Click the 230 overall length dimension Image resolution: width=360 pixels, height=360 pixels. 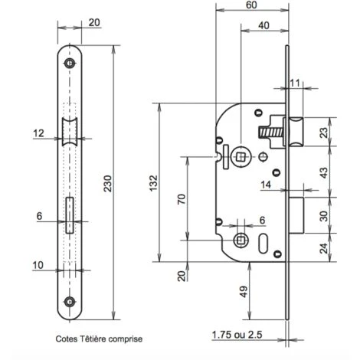108,183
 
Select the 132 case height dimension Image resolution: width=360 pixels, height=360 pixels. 153,183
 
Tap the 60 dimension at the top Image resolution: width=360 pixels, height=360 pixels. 251,5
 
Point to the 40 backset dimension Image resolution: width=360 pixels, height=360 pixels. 263,25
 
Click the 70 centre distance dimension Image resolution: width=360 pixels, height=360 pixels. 182,199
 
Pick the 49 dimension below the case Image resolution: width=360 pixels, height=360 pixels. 244,292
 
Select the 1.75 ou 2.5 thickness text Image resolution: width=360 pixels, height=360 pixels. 237,335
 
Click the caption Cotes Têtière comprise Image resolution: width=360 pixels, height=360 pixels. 99,339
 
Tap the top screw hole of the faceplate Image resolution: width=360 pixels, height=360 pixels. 70,63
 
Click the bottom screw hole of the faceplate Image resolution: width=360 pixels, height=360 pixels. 70,302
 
